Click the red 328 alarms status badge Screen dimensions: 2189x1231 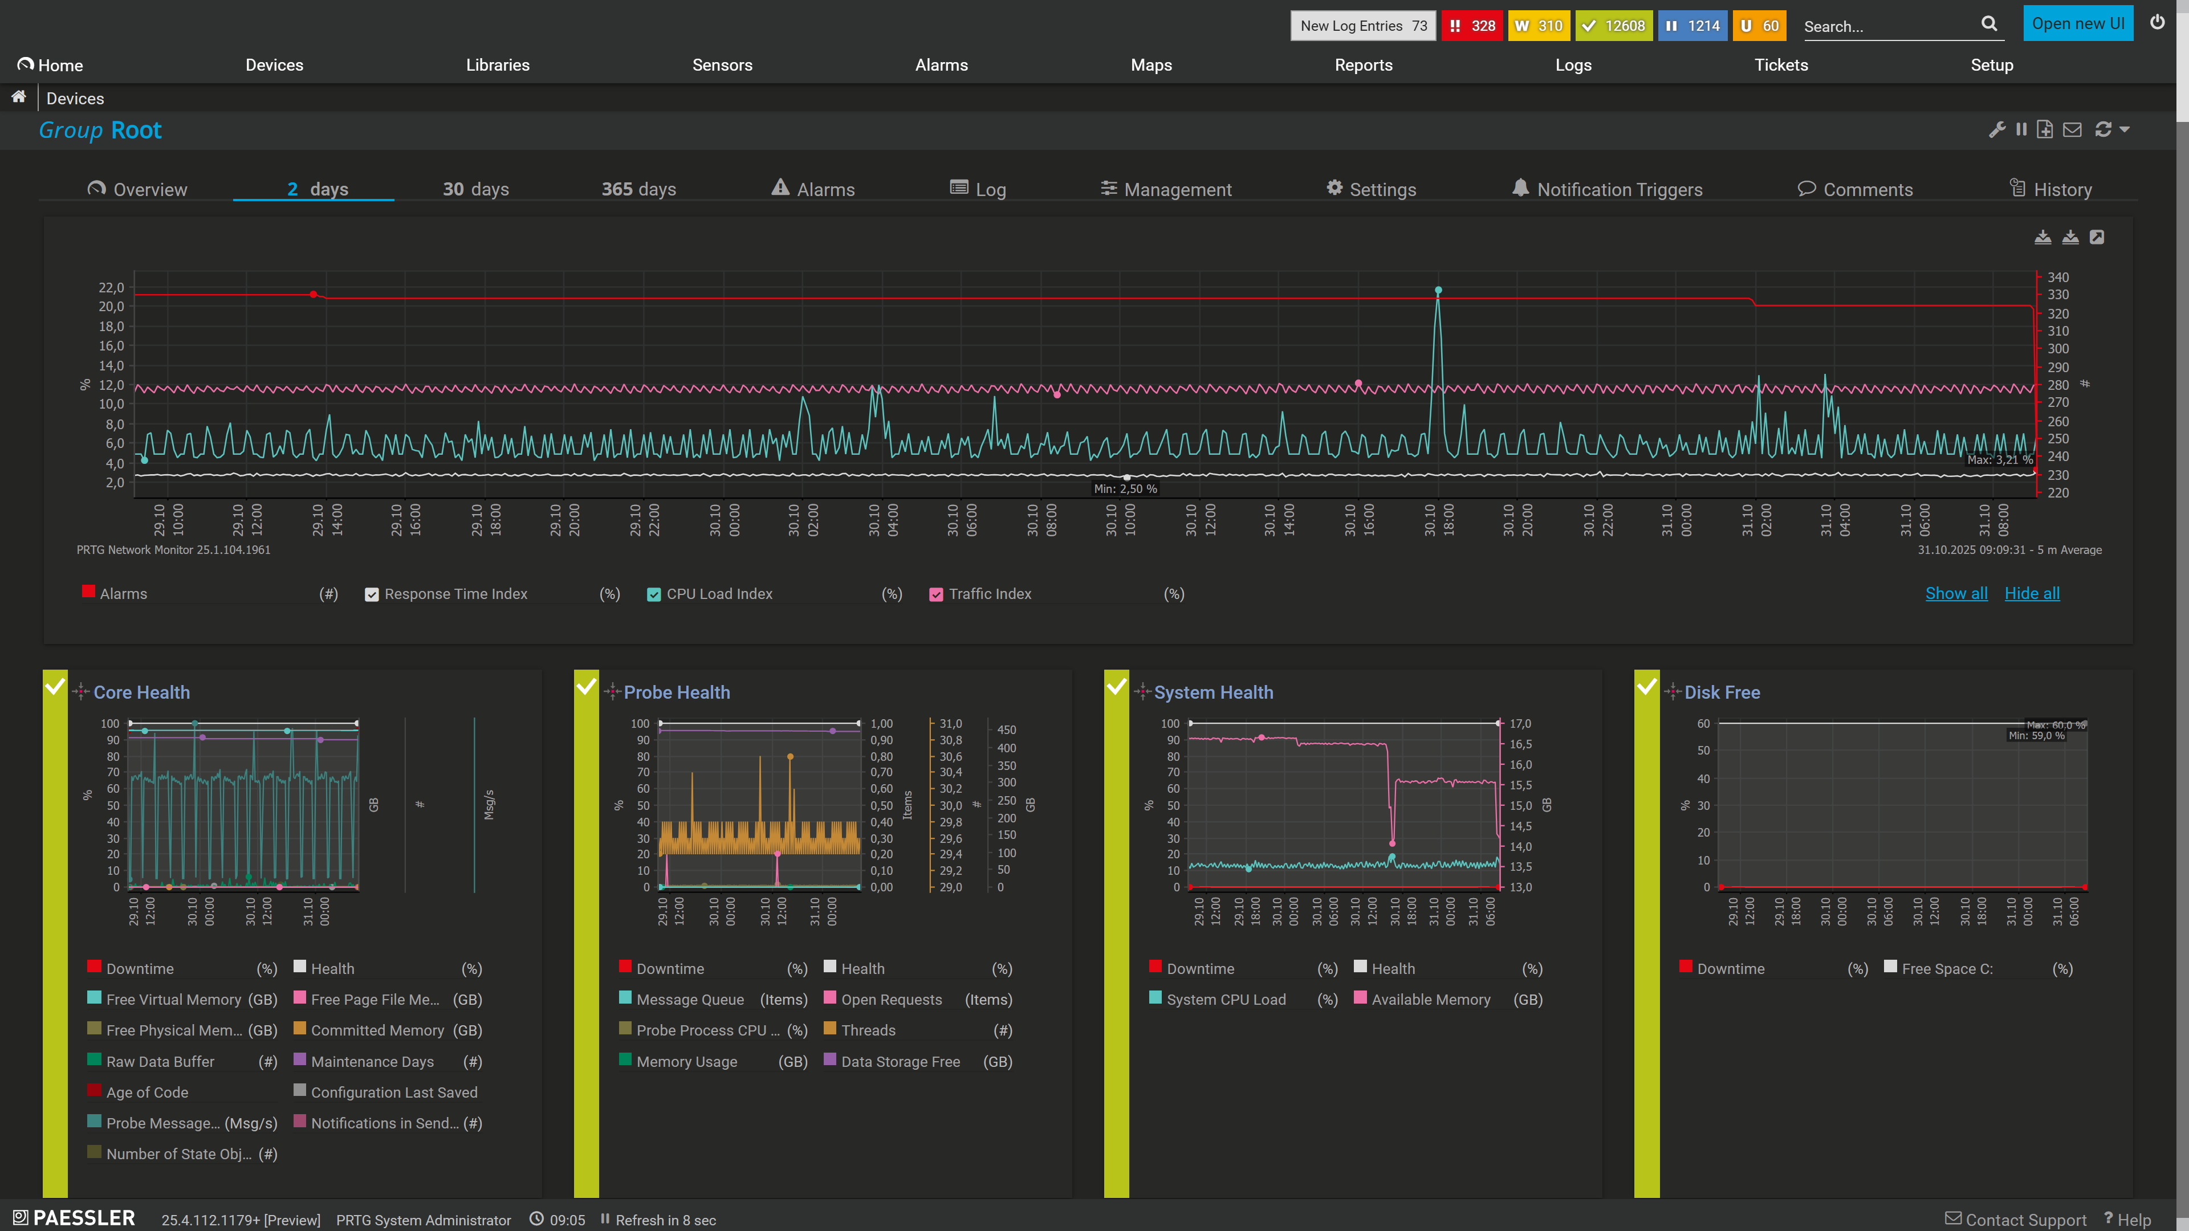coord(1472,26)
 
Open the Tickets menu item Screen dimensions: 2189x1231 coord(1781,66)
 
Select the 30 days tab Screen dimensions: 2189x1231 coord(476,189)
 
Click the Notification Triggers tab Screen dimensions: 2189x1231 coord(1607,189)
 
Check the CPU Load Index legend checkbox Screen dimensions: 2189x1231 coord(653,594)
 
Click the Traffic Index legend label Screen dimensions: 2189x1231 coord(990,594)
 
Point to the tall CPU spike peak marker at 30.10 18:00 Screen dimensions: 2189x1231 coord(1438,291)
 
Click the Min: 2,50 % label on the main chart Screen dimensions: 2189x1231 coord(1125,488)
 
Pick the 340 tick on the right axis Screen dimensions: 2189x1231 coord(2057,278)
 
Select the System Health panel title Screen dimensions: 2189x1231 coord(1214,692)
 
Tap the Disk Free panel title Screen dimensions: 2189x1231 coord(1722,692)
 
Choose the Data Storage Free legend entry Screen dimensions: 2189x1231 coord(901,1062)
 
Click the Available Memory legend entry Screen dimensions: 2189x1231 coord(1431,1000)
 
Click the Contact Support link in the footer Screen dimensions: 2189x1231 coord(2016,1220)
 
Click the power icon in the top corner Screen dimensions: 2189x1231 coord(2157,23)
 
